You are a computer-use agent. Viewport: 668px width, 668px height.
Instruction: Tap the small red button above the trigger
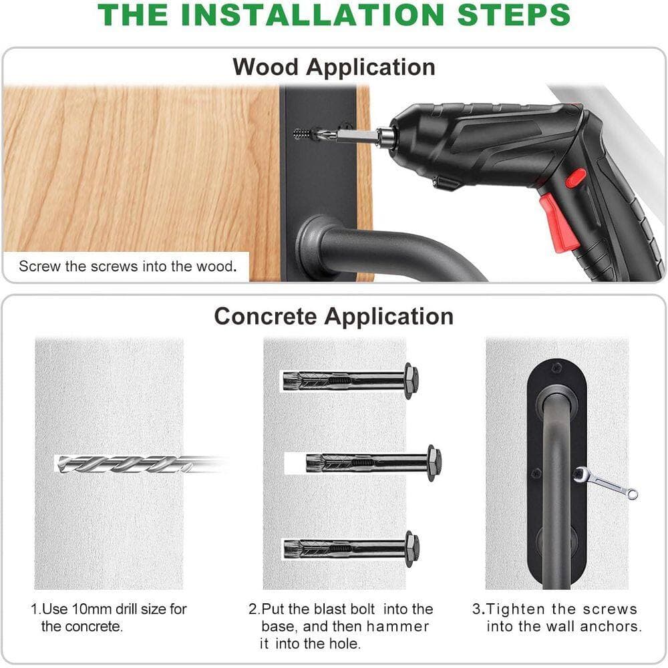(575, 178)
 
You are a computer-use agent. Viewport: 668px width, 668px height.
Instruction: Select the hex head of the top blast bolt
(411, 381)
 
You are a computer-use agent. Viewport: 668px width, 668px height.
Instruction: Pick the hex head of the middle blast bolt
(434, 463)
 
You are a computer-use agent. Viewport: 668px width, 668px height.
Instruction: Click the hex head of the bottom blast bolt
(411, 548)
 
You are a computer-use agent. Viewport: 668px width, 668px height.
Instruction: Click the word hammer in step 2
(397, 627)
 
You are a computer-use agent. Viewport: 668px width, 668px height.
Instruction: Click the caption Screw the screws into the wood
(128, 267)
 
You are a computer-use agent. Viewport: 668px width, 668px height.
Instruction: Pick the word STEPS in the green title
(514, 15)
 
